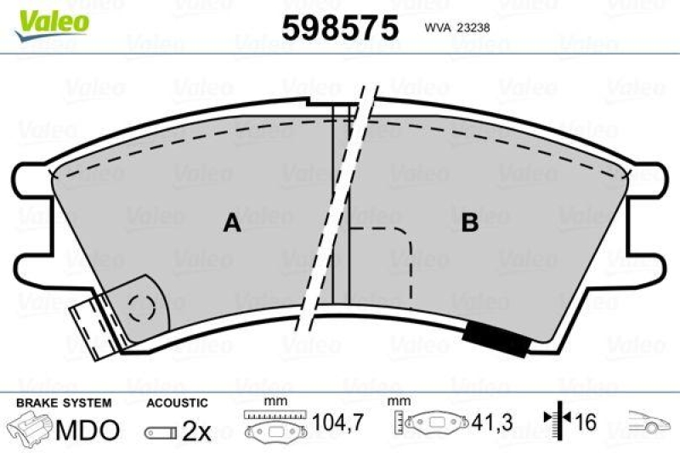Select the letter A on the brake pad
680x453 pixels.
[x=231, y=224]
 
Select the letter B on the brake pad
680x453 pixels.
[x=469, y=224]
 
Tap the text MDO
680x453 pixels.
[x=88, y=430]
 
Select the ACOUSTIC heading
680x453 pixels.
[x=177, y=403]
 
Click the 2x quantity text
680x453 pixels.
[x=196, y=431]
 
